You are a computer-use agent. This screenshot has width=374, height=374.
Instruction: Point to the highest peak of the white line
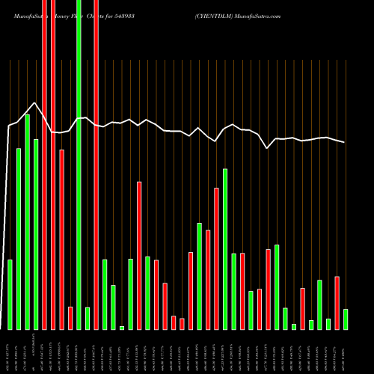(x=34, y=103)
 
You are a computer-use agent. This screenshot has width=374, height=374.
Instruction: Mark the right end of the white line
(x=345, y=142)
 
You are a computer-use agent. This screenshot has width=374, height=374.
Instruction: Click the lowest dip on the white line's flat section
(x=269, y=148)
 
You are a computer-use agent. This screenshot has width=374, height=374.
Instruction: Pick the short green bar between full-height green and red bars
(x=88, y=319)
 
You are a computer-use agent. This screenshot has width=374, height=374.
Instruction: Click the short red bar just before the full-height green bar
(x=70, y=319)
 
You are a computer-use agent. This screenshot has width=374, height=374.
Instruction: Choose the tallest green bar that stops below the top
(x=27, y=222)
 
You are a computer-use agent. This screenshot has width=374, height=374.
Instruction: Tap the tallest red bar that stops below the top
(x=61, y=239)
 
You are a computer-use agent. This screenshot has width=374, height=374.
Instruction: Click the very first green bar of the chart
(x=10, y=295)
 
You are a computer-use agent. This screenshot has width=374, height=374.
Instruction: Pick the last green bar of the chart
(x=345, y=319)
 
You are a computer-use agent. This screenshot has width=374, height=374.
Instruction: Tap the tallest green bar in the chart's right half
(x=225, y=249)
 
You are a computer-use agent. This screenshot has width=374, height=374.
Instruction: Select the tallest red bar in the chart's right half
(x=216, y=259)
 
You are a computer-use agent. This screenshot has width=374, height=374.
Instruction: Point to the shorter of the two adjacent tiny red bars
(x=182, y=324)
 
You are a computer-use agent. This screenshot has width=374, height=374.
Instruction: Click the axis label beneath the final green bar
(x=345, y=352)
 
